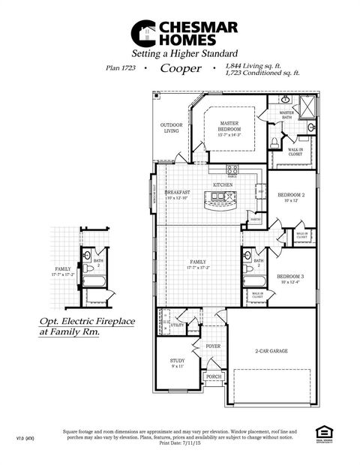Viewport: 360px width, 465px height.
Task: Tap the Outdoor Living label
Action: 172,128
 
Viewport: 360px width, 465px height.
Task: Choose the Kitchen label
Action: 222,184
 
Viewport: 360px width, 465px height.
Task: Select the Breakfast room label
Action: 177,194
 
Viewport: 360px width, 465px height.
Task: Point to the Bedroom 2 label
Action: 289,196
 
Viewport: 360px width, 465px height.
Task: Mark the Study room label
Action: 177,364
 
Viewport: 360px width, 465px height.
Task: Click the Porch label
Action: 213,376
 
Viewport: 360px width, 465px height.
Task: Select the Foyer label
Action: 213,346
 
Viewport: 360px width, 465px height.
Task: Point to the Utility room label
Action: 177,325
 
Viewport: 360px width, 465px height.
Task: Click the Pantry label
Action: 256,219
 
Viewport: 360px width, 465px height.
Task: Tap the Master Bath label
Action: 286,115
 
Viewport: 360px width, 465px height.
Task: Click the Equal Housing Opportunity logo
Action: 323,433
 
